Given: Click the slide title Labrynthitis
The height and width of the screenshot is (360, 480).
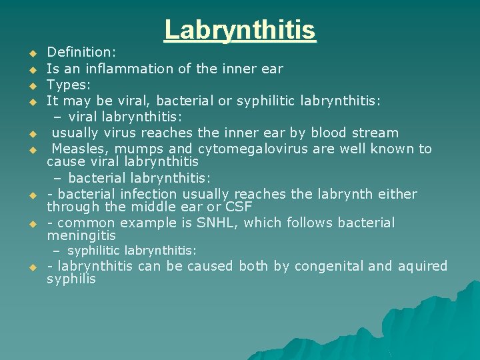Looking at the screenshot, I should point(240,30).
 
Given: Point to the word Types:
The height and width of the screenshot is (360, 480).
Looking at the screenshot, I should point(69,85).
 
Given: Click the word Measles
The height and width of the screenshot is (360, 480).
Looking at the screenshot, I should point(79,149).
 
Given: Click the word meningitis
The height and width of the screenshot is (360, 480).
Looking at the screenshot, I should point(81,235).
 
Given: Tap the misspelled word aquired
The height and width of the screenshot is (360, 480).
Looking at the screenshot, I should point(423,267).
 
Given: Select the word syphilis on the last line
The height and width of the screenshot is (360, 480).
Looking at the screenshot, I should point(71,279).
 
